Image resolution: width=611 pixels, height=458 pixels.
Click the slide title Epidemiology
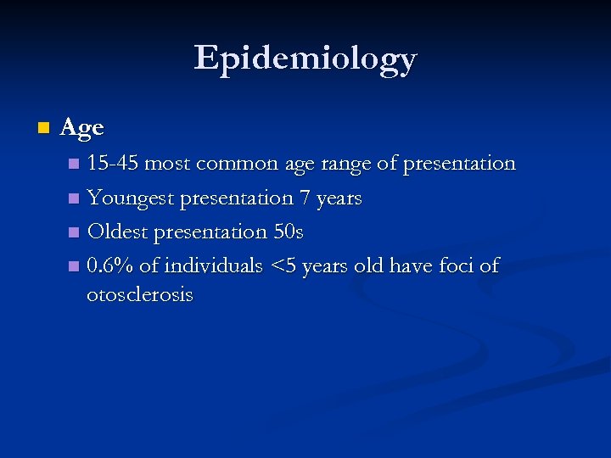coord(305,59)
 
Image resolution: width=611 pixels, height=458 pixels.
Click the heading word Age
coord(82,128)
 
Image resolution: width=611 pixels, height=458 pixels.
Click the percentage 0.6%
coord(110,265)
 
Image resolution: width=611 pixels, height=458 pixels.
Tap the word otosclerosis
coord(140,295)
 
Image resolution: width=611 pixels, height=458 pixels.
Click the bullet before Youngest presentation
coord(75,198)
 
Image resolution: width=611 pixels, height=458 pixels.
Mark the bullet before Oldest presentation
coord(75,232)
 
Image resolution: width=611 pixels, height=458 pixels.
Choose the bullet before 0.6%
coord(75,266)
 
